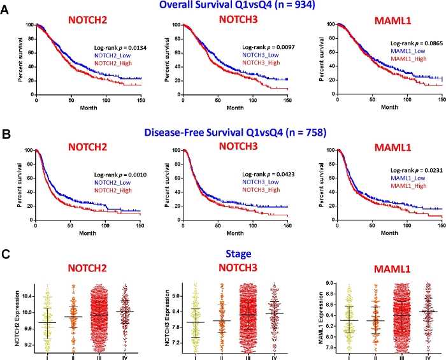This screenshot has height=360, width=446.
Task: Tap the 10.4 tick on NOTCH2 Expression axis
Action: point(24,296)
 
